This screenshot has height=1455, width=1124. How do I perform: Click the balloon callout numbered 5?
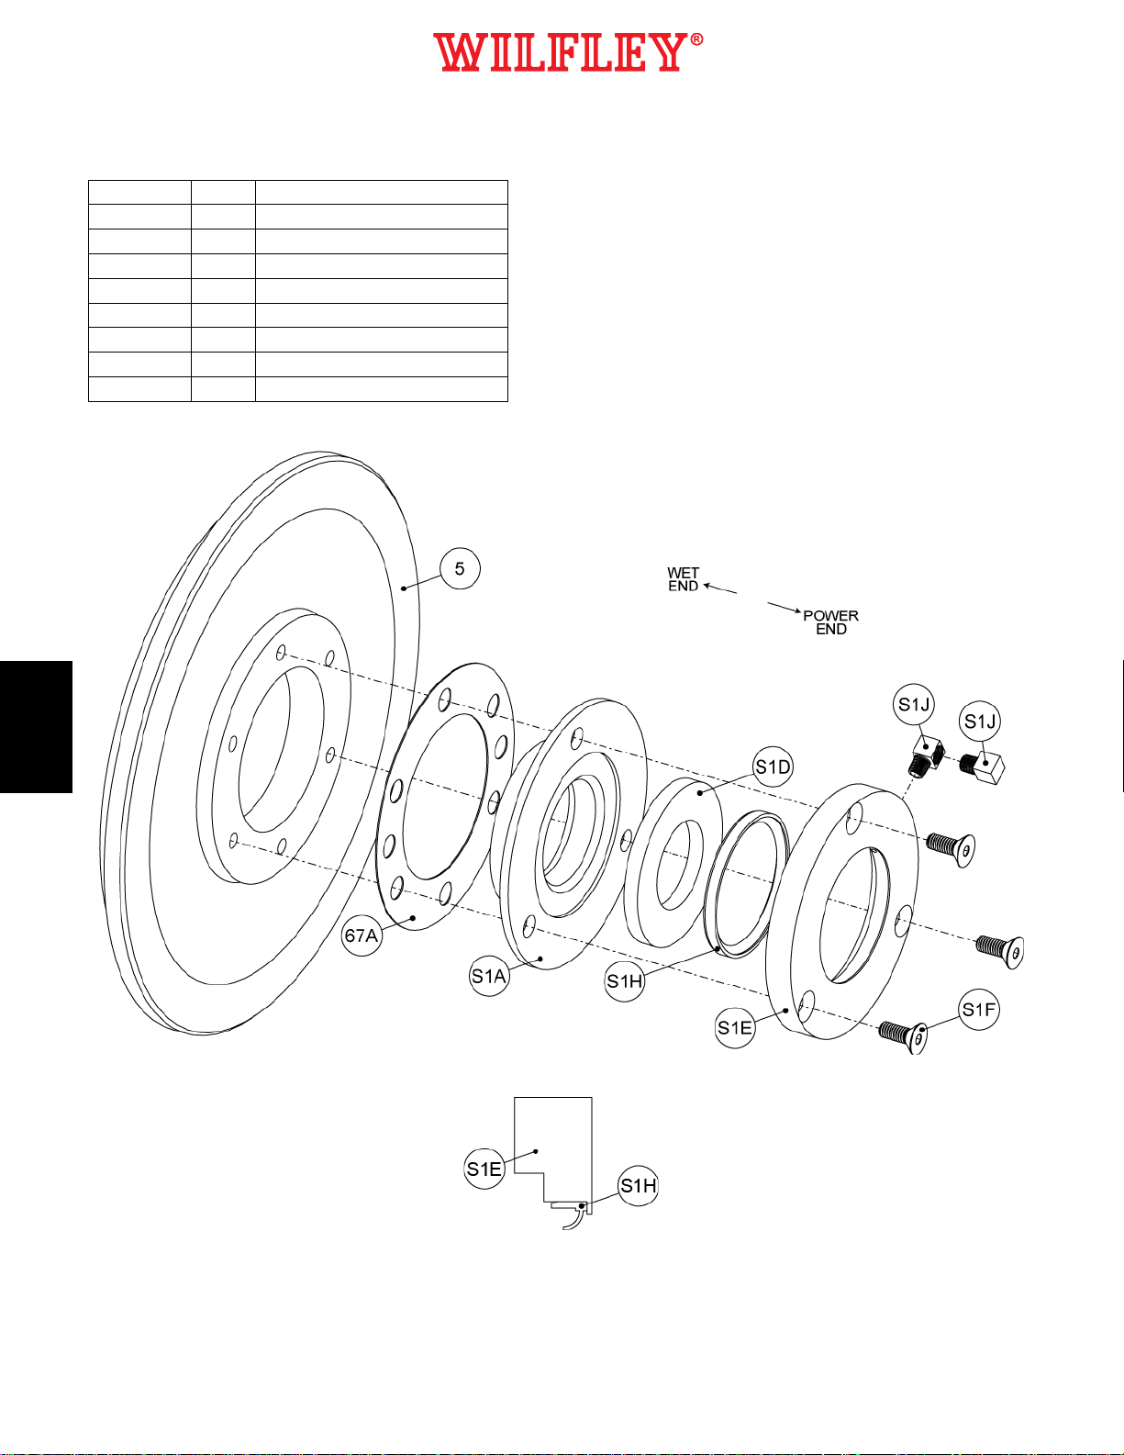coord(460,568)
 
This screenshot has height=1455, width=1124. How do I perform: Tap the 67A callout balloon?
coord(362,935)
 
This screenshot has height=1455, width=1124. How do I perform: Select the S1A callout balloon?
coord(489,976)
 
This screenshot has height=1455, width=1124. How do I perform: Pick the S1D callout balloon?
coord(773,767)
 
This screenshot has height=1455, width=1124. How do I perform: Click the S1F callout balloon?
coord(979,1009)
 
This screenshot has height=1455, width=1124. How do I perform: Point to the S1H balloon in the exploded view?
coord(624,981)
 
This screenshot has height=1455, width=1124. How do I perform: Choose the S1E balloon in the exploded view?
coord(735,1027)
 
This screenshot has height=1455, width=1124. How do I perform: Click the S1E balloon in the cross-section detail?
coord(484,1169)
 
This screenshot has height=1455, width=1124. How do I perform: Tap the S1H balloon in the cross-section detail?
coord(638,1186)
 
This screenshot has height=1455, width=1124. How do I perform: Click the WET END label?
coord(683,579)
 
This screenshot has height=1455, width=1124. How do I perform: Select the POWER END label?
coord(830,622)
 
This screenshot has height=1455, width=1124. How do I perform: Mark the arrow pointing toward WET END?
coord(720,588)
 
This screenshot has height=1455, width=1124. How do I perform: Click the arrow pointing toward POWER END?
coord(785,608)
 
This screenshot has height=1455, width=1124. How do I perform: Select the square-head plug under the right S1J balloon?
coord(982,767)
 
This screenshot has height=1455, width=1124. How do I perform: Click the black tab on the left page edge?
coord(36,726)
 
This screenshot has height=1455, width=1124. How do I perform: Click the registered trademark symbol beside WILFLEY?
coord(696,40)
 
